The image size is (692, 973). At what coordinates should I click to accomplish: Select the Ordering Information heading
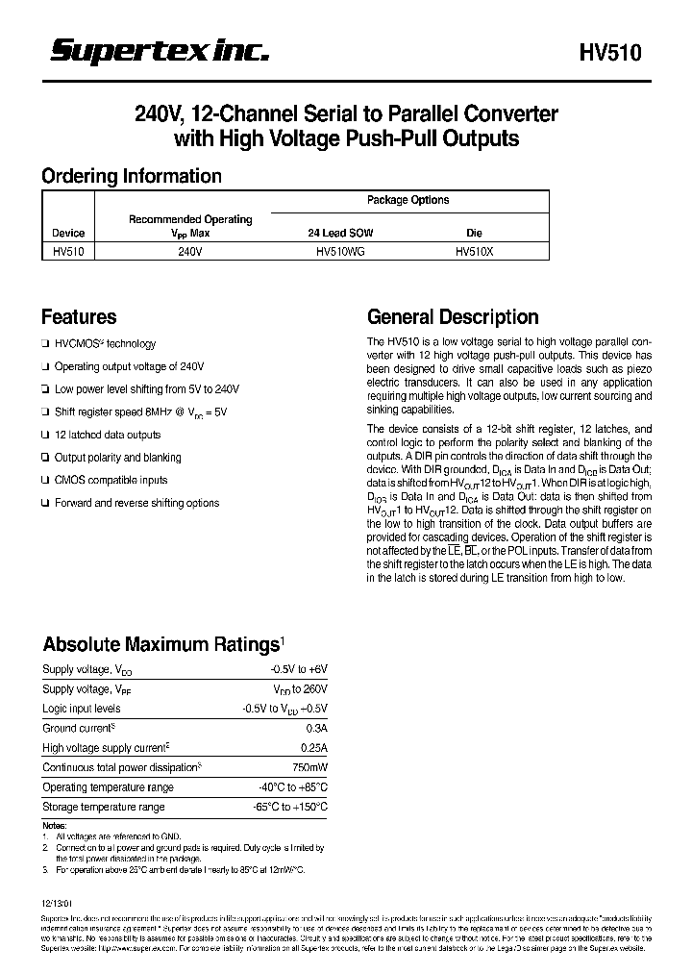[x=131, y=176]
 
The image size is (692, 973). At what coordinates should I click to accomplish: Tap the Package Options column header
[x=408, y=200]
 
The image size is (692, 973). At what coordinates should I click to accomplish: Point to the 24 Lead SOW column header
[x=340, y=233]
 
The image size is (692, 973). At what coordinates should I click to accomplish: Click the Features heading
[x=79, y=317]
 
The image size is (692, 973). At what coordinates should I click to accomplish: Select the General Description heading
[x=454, y=317]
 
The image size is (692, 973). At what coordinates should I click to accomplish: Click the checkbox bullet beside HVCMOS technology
[x=45, y=344]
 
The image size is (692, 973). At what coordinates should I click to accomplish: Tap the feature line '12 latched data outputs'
[x=108, y=435]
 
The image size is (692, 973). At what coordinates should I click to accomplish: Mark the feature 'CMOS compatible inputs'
[x=111, y=480]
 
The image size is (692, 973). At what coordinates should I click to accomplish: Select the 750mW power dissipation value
[x=309, y=767]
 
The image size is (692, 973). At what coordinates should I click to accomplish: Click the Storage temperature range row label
[x=104, y=807]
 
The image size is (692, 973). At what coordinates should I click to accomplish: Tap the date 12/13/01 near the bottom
[x=58, y=907]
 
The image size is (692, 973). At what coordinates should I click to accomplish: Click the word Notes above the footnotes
[x=55, y=826]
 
